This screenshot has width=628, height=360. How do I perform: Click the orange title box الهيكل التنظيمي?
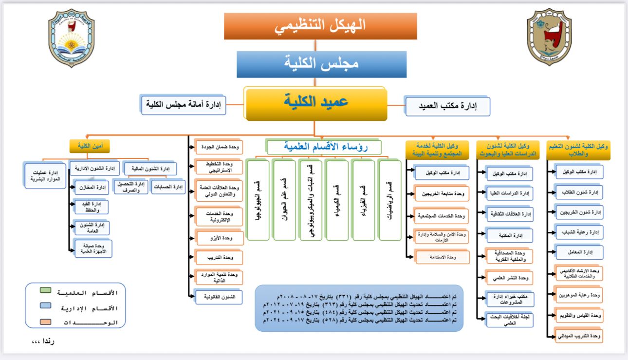click(x=320, y=26)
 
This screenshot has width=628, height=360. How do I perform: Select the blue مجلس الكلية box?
click(x=321, y=63)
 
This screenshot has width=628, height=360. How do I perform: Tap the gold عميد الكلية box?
click(x=316, y=103)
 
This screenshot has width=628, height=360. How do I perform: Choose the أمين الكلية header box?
click(x=90, y=146)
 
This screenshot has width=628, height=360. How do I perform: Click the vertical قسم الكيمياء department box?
click(x=337, y=200)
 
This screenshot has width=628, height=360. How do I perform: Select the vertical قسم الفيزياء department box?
click(x=363, y=200)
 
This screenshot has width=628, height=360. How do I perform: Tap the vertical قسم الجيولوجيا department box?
click(x=258, y=200)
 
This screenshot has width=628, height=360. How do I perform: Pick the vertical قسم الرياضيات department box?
click(x=389, y=200)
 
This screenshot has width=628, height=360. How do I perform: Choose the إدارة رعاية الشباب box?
click(x=579, y=231)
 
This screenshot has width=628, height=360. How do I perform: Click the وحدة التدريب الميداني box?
click(x=579, y=336)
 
